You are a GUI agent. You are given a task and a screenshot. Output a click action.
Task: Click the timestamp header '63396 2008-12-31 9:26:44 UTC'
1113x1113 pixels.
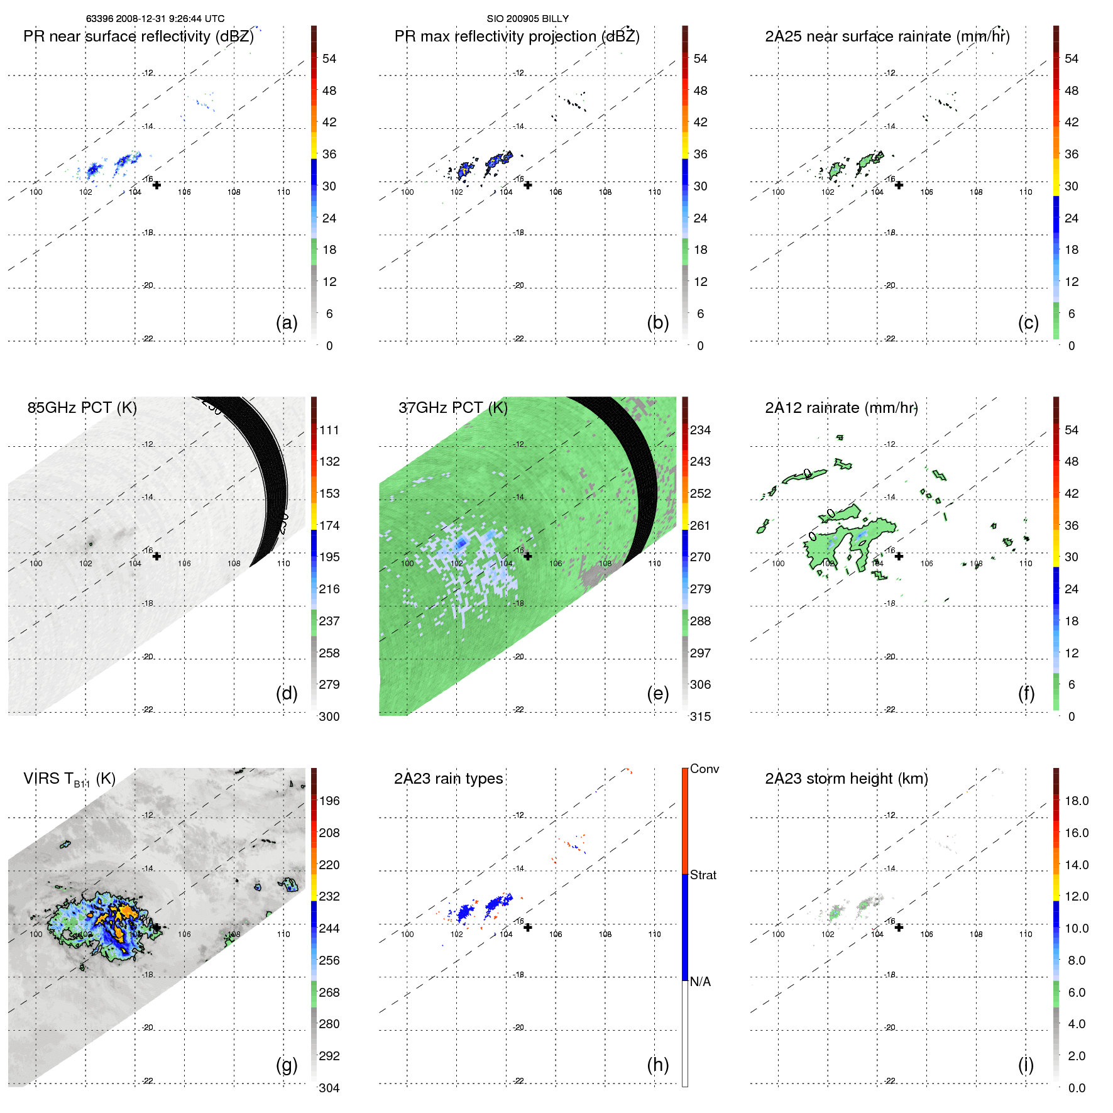tap(155, 19)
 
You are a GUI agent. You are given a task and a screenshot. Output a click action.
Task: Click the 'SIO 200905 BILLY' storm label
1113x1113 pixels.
tap(527, 19)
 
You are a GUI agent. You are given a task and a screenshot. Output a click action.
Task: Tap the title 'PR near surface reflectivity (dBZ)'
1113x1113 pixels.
tap(138, 36)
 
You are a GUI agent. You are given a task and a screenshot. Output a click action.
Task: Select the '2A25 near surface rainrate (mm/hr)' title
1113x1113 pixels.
tap(887, 36)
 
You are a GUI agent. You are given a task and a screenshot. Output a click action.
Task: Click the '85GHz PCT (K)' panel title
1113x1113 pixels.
tap(82, 408)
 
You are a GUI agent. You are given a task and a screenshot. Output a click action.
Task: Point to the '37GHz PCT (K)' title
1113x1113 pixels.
tap(452, 408)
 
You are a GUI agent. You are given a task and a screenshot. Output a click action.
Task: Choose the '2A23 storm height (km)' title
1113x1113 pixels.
tap(846, 779)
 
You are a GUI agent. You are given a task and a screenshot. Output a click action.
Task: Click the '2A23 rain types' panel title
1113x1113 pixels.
tap(448, 779)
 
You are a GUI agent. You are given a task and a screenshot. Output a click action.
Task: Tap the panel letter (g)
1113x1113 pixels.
tap(287, 1065)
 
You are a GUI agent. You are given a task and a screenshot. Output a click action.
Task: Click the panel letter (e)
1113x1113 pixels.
tap(657, 693)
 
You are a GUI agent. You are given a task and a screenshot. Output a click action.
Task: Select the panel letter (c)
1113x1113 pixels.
tap(1028, 322)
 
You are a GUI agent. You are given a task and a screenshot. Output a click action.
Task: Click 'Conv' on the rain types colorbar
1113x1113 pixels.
tap(704, 769)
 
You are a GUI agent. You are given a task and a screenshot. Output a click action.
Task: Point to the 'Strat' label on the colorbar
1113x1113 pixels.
tap(703, 875)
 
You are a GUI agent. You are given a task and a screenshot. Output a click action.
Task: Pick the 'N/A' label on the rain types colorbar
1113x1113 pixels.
tap(700, 982)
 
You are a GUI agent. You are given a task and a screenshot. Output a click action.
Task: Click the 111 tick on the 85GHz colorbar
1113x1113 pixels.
tap(329, 430)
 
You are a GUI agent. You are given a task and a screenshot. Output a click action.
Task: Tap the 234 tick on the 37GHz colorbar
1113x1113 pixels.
tap(700, 430)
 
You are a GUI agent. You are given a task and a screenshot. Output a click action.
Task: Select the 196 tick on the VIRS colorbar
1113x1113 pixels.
tap(329, 801)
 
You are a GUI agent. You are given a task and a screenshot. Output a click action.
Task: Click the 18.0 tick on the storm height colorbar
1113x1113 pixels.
tap(1077, 801)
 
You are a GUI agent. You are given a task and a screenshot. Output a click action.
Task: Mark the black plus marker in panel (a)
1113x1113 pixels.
tap(156, 185)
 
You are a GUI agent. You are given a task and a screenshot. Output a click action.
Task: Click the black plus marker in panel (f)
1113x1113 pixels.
tap(899, 556)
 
